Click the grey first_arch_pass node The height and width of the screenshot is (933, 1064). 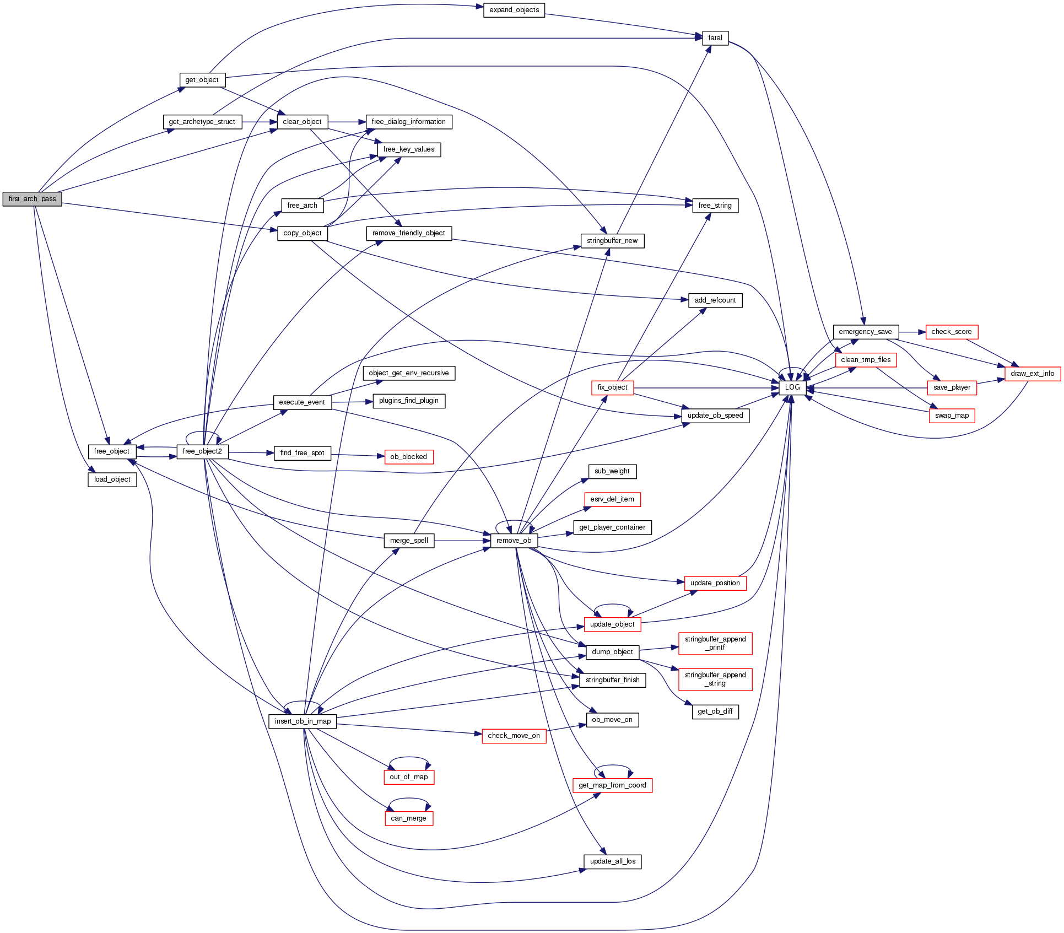tap(32, 199)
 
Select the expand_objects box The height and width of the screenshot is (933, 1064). tap(514, 10)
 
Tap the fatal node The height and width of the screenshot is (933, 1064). tap(715, 38)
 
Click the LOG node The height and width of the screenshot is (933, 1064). tap(792, 387)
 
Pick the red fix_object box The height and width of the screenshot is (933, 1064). tap(612, 387)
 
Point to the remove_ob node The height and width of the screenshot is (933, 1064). tap(514, 541)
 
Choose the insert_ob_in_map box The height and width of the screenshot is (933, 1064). tap(303, 721)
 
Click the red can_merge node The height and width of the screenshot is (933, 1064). tap(408, 818)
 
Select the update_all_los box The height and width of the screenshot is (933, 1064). tap(612, 861)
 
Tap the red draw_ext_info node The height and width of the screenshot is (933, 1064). tap(1032, 374)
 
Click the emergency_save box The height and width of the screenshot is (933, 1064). tap(865, 332)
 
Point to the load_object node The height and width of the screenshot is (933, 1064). tap(112, 479)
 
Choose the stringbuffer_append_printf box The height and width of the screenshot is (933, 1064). tap(715, 643)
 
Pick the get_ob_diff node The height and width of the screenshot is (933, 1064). tap(715, 711)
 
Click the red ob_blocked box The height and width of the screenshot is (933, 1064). tap(408, 457)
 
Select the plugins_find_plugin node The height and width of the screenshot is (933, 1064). tap(408, 401)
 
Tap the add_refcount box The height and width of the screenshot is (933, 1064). tap(715, 300)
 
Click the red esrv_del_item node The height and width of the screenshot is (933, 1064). tap(612, 499)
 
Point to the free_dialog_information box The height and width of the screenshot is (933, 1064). tap(408, 122)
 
